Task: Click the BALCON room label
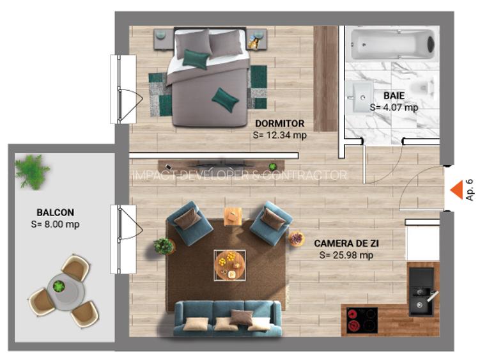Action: click(x=56, y=212)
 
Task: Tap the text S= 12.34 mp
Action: click(x=280, y=135)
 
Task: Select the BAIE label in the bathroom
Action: click(x=394, y=95)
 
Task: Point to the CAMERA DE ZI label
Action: click(x=346, y=243)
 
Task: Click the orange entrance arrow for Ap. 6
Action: click(x=457, y=190)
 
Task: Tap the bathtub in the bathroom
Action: click(x=392, y=44)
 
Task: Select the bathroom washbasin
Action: click(x=360, y=97)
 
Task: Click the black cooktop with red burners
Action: click(x=362, y=320)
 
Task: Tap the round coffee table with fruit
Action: click(x=230, y=265)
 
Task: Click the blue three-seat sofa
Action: click(x=228, y=318)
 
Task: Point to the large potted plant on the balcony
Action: click(x=31, y=171)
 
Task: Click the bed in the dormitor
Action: click(x=210, y=77)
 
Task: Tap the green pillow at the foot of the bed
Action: click(x=225, y=100)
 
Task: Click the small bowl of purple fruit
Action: click(x=297, y=238)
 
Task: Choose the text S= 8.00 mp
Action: click(x=55, y=224)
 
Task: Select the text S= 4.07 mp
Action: click(x=394, y=107)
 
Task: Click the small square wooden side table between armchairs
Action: click(x=233, y=216)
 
